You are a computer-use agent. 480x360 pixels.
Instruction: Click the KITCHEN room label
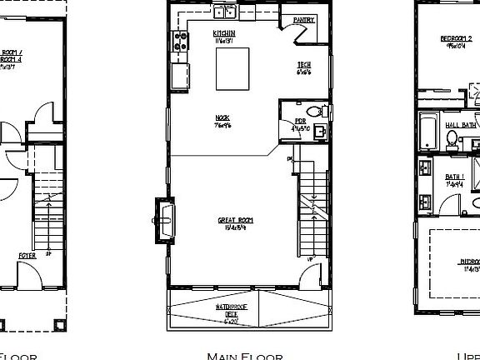coord(200,33)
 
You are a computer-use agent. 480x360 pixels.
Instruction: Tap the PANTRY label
coord(303,20)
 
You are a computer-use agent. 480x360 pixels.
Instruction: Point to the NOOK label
coord(222,118)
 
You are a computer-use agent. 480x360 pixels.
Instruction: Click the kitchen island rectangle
coord(233,68)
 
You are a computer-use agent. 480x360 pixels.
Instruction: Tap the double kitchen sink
coord(224,12)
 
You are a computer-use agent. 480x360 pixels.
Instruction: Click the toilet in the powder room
coord(314,112)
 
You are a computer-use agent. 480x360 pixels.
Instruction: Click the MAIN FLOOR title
coord(245,356)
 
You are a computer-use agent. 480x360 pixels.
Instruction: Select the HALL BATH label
coord(461,125)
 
